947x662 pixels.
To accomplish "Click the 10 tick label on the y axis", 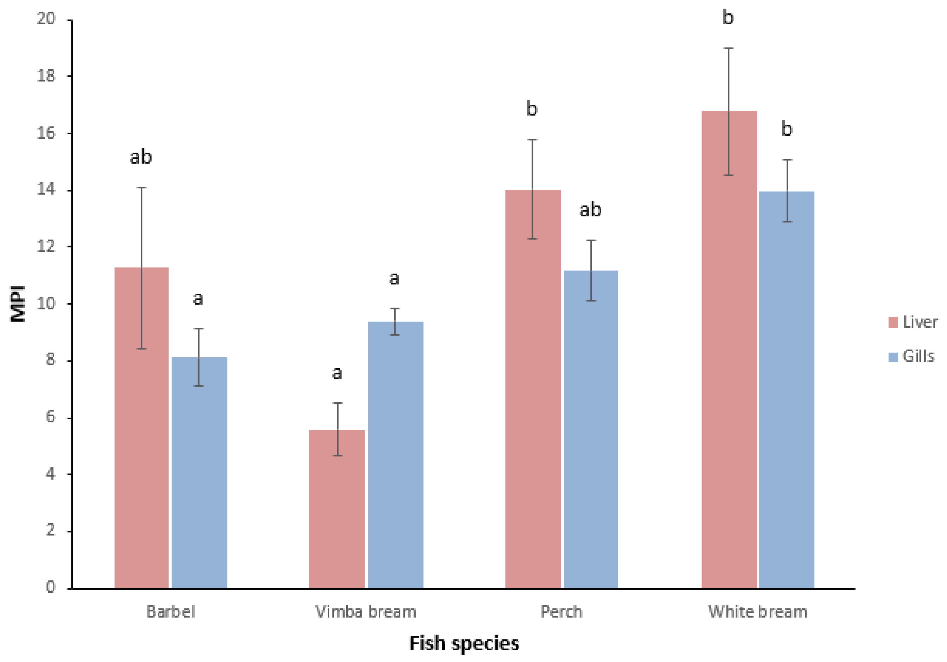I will coord(46,304).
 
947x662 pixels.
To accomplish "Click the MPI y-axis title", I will coord(18,304).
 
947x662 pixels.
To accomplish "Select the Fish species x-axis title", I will coord(464,643).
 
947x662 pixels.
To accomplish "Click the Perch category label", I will coord(561,612).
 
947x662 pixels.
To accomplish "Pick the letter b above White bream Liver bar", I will coord(728,18).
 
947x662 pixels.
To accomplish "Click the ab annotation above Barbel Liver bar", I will coord(141,157).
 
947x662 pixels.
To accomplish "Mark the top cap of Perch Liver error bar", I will coord(533,140).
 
